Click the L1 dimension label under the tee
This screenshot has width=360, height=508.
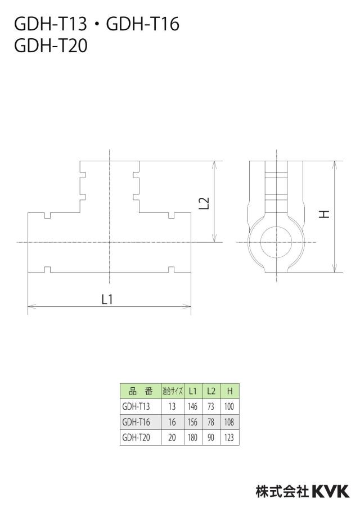coord(107,299)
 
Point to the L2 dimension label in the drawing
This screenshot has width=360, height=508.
coord(204,203)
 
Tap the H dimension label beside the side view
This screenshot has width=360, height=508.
coord(324,214)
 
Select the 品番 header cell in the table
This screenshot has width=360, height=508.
coord(141,391)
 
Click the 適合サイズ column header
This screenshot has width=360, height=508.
coord(173,391)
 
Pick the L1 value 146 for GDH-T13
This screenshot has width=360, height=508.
coord(192,406)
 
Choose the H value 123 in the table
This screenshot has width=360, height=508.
coord(229,437)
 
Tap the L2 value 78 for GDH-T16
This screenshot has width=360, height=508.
coord(211,422)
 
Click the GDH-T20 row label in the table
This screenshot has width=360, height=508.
coord(136,437)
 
